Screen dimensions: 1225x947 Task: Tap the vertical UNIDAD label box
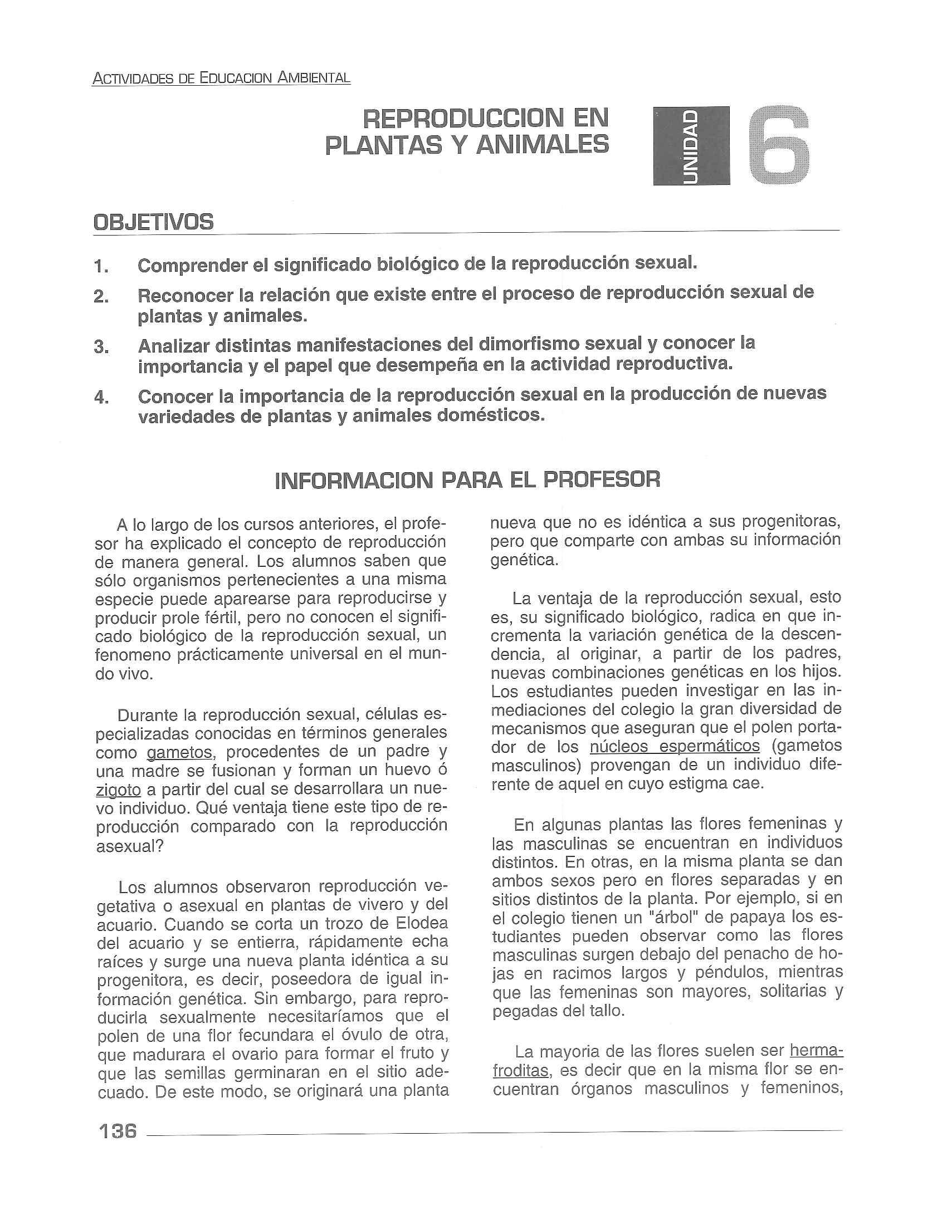coord(691,146)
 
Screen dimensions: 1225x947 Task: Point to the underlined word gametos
coord(179,752)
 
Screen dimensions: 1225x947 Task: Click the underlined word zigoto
coord(118,790)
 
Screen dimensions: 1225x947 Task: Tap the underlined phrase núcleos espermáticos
coord(675,747)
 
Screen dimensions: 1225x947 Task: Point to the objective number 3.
coord(101,347)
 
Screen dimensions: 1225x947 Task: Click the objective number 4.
coord(101,398)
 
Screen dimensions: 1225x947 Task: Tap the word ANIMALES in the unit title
coord(541,145)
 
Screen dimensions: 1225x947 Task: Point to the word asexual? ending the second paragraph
coord(130,846)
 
